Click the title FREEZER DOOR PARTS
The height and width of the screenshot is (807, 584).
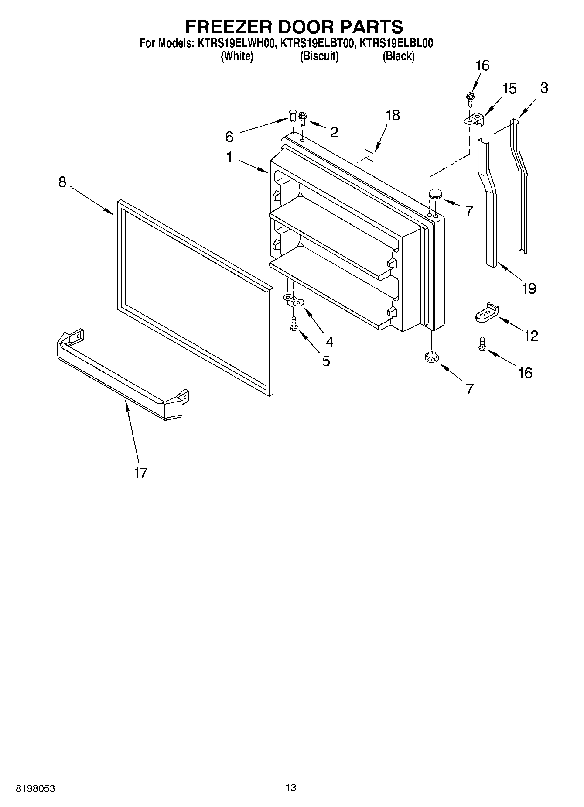pos(294,27)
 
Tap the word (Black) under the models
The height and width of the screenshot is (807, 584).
pos(398,56)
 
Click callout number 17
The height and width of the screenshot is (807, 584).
pos(140,473)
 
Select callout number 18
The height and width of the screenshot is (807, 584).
pos(393,115)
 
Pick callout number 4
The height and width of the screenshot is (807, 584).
pos(329,342)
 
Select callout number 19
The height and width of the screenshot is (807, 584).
pos(529,288)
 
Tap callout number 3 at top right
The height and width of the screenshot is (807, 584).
pos(543,88)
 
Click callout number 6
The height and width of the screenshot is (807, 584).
pos(229,137)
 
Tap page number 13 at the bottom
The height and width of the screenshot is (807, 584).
pos(290,787)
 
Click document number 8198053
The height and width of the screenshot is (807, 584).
pos(35,788)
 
